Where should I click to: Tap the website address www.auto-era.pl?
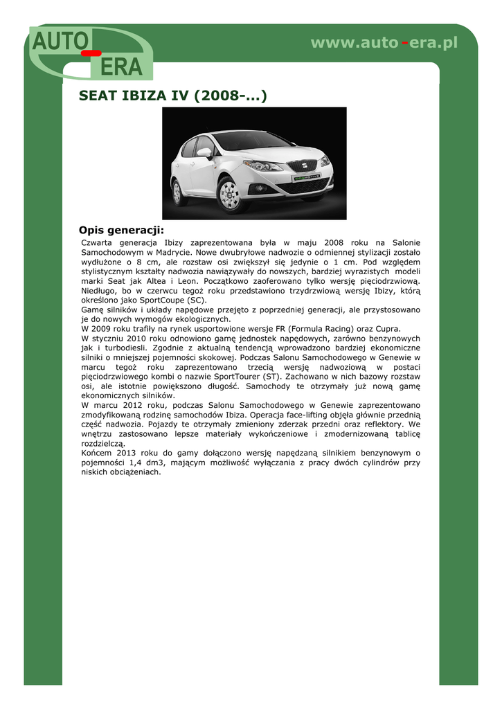384,43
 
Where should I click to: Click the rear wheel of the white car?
179,192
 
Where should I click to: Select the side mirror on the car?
205,152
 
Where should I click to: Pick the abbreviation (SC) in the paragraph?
197,300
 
